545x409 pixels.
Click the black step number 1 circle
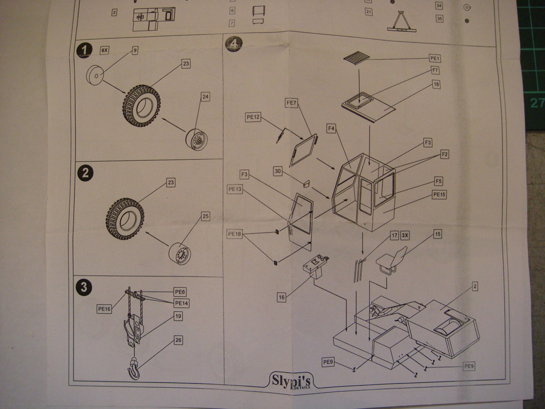[84, 51]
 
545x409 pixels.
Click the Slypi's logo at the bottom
[291, 380]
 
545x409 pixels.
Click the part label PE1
[435, 58]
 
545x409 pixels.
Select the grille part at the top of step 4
[357, 58]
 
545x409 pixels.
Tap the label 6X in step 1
[105, 50]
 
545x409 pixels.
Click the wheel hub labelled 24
[196, 140]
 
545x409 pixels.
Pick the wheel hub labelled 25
[180, 254]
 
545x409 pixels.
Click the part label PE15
[439, 195]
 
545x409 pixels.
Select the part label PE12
[253, 117]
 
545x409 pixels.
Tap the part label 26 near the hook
[178, 340]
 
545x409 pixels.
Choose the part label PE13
[235, 189]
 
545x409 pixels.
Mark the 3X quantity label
[404, 235]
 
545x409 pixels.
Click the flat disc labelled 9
[95, 75]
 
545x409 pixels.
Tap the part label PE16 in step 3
[104, 308]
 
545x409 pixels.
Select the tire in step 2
[125, 218]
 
